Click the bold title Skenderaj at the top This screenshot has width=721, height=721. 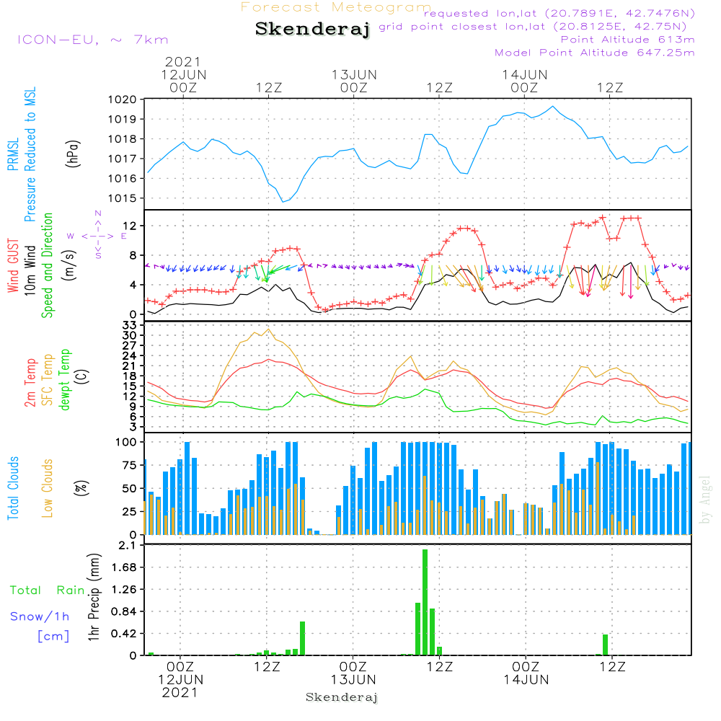(312, 29)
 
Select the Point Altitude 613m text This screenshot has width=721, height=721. (628, 40)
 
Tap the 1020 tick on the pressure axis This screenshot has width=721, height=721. (123, 99)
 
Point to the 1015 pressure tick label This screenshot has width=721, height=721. (123, 198)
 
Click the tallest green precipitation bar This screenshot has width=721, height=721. (425, 602)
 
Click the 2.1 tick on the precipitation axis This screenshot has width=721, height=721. (127, 545)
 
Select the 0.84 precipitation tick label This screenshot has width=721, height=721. (124, 611)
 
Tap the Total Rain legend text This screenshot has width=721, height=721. (48, 590)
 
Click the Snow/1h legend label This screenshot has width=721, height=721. (40, 616)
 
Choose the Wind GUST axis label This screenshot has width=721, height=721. (13, 265)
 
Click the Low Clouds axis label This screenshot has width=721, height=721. (47, 488)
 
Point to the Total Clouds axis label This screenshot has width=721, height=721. (13, 488)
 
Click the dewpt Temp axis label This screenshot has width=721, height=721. (64, 379)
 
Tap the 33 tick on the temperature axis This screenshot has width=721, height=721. (130, 326)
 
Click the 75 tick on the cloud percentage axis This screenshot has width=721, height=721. (130, 465)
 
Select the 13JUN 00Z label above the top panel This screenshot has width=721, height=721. (354, 81)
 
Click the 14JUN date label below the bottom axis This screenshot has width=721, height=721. (526, 680)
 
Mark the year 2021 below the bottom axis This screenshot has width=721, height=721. (180, 693)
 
